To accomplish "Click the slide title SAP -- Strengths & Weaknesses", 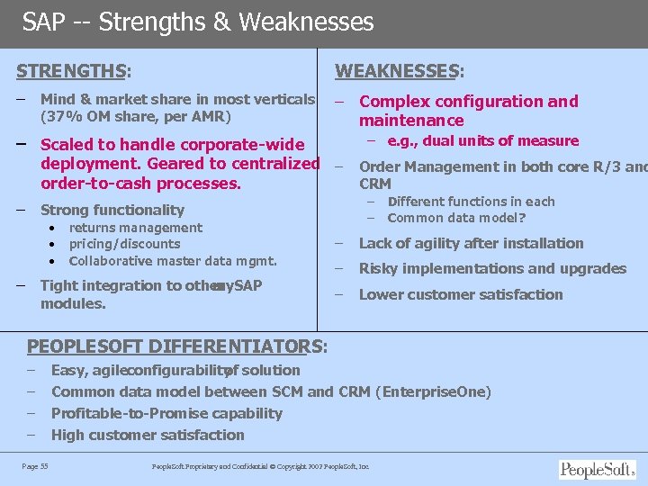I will pyautogui.click(x=197, y=22).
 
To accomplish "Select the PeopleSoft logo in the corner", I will pyautogui.click(x=597, y=469).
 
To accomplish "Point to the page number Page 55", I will pyautogui.click(x=35, y=465).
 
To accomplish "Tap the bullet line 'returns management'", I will pyautogui.click(x=135, y=228).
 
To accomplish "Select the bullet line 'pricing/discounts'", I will pyautogui.click(x=124, y=244).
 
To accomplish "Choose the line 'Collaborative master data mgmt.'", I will pyautogui.click(x=172, y=261).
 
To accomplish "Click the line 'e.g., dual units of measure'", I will pyautogui.click(x=482, y=140).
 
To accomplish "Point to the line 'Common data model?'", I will pyautogui.click(x=456, y=218).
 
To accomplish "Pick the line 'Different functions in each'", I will pyautogui.click(x=471, y=202).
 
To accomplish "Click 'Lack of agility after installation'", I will pyautogui.click(x=471, y=243).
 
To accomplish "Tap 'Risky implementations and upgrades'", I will pyautogui.click(x=492, y=268).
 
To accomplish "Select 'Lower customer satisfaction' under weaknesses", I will pyautogui.click(x=461, y=294).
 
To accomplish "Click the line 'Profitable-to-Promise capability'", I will pyautogui.click(x=166, y=413).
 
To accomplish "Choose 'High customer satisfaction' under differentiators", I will pyautogui.click(x=148, y=435).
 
